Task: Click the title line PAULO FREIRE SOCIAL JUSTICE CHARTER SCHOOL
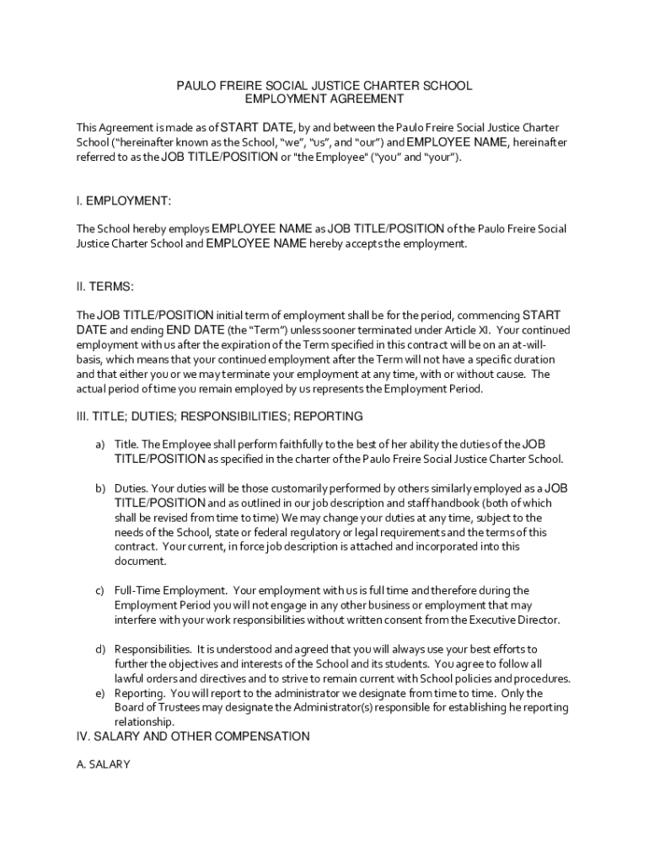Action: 324,86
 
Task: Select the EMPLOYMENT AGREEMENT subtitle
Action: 324,99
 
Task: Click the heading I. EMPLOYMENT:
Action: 124,201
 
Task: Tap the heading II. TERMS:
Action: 105,287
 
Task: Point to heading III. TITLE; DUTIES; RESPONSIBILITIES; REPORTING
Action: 220,416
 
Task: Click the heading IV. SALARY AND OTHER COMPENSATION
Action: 193,737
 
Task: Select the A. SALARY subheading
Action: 103,765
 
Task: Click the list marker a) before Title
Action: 99,444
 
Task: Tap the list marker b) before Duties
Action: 99,488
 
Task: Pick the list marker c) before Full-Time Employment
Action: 99,591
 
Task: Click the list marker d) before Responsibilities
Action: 99,649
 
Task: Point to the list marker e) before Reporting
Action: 99,693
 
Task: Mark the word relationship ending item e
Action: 144,722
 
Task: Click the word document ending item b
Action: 140,561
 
